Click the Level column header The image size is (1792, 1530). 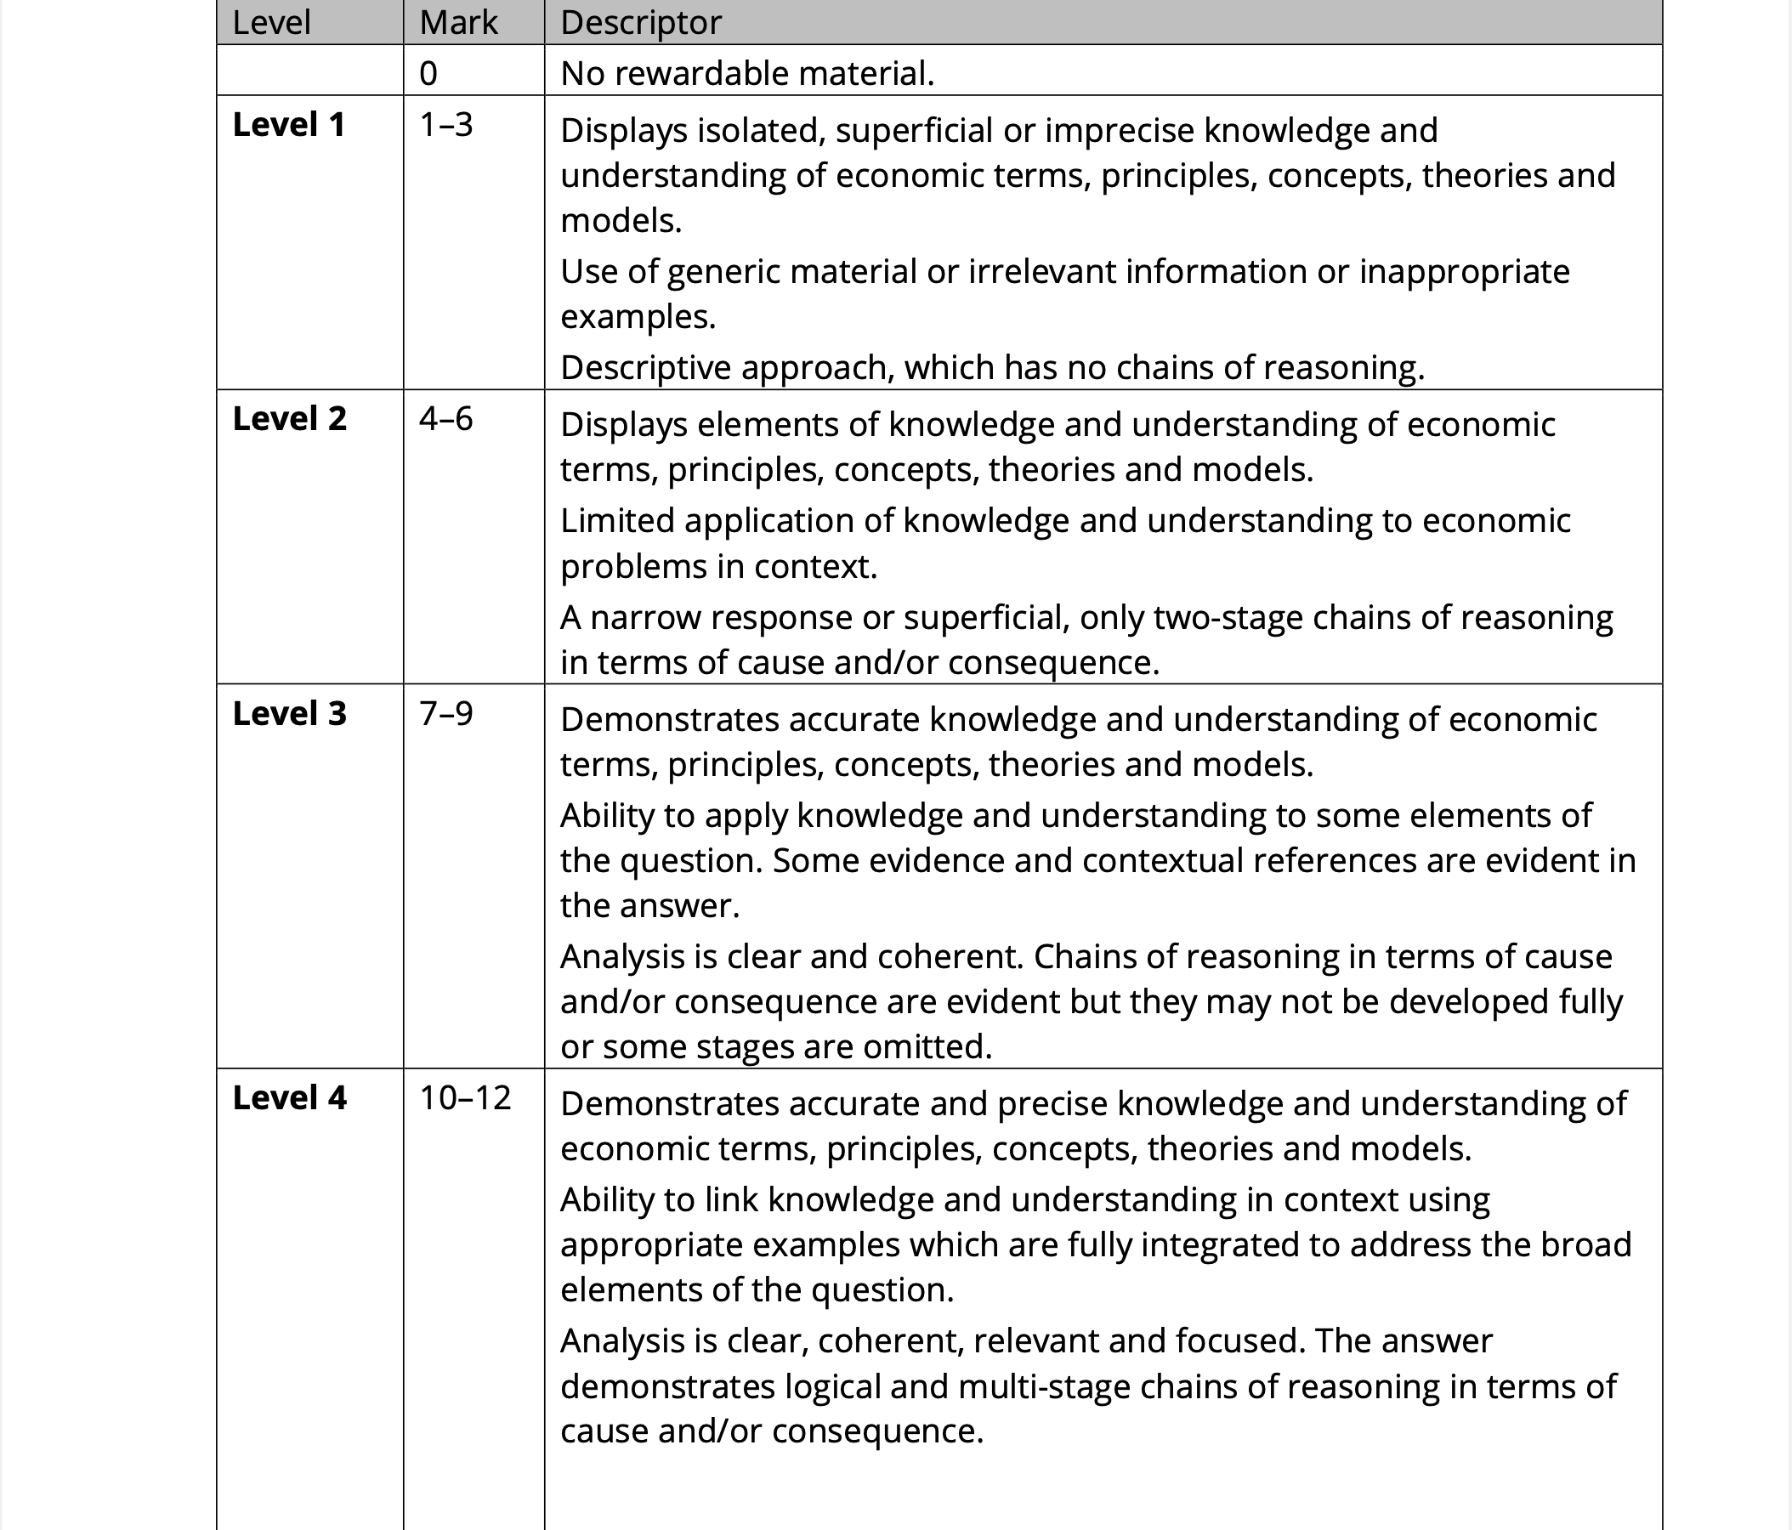click(x=270, y=22)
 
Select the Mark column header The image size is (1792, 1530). click(x=458, y=22)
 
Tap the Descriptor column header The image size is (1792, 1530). click(x=641, y=22)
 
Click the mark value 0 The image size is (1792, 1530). click(x=428, y=73)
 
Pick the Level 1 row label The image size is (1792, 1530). click(x=289, y=125)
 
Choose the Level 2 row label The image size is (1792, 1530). click(x=289, y=418)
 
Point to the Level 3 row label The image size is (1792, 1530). click(x=289, y=713)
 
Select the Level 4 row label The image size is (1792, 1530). click(x=289, y=1097)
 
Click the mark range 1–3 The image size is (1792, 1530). click(x=446, y=125)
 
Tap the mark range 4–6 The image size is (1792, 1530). click(x=446, y=418)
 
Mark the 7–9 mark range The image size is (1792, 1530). click(x=446, y=713)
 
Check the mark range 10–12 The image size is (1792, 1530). click(x=465, y=1097)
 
